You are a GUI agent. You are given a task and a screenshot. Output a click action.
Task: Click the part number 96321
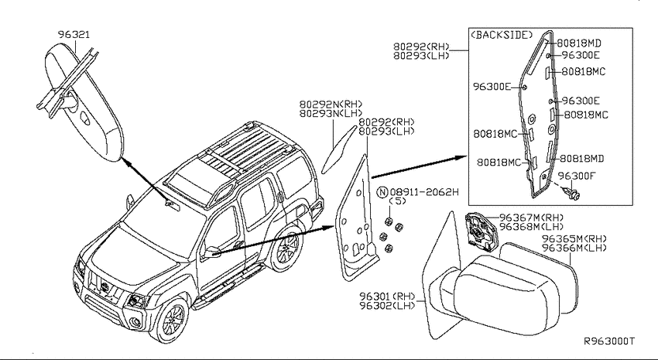(74, 34)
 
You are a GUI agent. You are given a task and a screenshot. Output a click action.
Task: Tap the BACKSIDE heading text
(502, 35)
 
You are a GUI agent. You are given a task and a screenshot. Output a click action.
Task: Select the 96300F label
(577, 176)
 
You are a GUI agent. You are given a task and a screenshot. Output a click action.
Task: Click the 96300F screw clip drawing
(572, 192)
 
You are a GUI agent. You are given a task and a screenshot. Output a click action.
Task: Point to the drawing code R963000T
(609, 341)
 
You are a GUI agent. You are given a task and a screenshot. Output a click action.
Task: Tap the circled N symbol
(382, 192)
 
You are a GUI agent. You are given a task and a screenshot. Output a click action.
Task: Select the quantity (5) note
(398, 201)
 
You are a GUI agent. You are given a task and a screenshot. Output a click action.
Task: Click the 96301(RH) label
(387, 297)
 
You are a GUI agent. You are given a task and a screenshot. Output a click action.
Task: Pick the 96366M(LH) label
(574, 248)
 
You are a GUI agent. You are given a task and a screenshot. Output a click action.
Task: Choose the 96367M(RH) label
(531, 218)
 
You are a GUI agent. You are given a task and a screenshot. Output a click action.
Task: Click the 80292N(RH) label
(331, 104)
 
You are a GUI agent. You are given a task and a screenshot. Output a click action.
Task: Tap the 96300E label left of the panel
(492, 87)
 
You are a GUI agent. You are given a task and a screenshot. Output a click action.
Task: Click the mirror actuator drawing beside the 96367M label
(480, 231)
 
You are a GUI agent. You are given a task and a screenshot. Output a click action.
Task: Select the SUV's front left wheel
(173, 320)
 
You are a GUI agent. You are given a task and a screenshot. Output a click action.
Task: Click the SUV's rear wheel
(286, 248)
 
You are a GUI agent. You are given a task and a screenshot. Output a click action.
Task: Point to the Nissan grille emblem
(105, 288)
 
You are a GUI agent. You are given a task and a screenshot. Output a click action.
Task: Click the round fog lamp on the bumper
(136, 324)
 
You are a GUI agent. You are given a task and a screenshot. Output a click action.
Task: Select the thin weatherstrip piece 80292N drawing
(338, 149)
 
